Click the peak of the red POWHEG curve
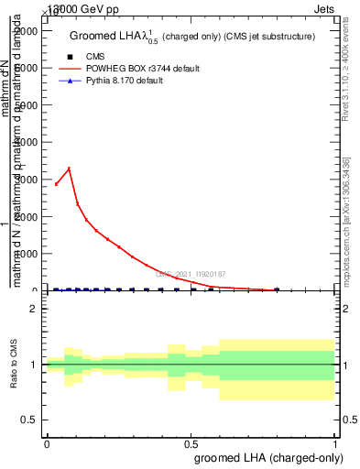tap(69, 169)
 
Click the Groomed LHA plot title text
tap(192, 37)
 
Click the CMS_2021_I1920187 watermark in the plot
tap(191, 274)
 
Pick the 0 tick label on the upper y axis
tap(34, 290)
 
